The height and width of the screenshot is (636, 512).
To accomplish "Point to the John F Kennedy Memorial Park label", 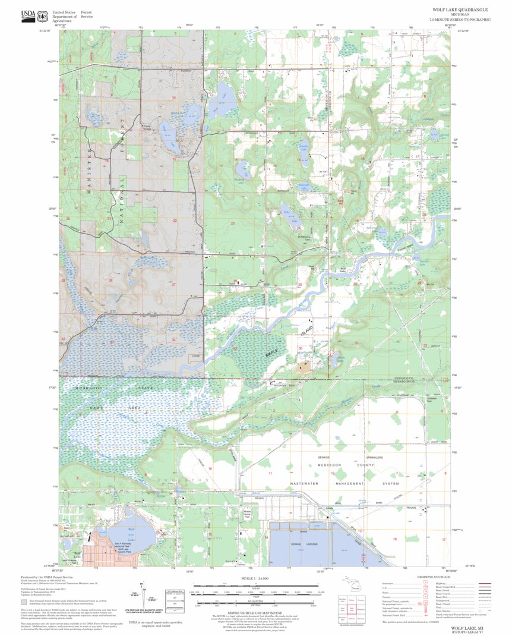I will (x=125, y=545).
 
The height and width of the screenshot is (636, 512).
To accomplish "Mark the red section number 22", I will (x=175, y=221).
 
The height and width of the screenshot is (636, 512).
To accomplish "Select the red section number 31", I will (x=356, y=343).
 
